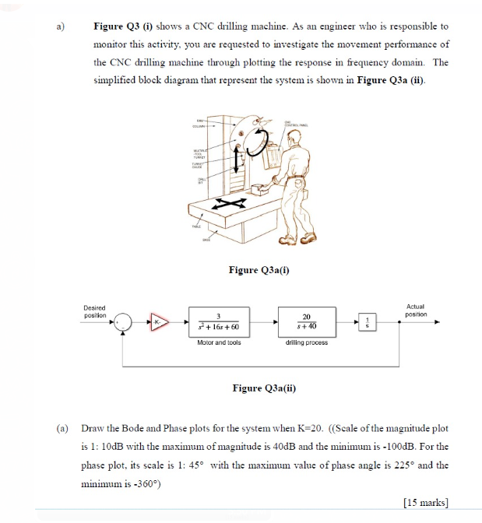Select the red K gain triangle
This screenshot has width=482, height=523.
tap(159, 322)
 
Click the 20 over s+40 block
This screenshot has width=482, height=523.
tap(306, 321)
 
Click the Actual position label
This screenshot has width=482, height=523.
tap(416, 310)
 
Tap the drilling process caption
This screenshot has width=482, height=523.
tap(306, 342)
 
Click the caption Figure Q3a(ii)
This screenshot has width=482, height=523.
tap(264, 388)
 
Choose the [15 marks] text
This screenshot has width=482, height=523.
tap(427, 502)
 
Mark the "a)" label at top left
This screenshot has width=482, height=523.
tap(60, 26)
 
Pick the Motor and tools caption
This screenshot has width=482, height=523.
tap(219, 342)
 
